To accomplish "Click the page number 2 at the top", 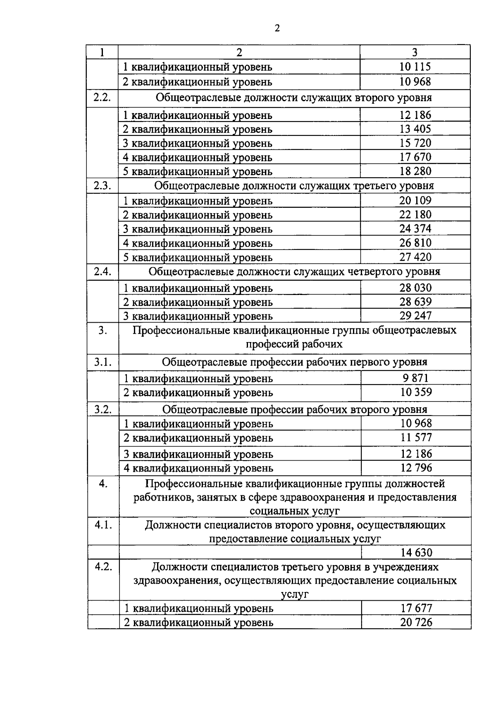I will [277, 29].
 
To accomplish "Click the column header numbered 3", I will [415, 52].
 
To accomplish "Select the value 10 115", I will [415, 67].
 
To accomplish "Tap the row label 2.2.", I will [102, 98].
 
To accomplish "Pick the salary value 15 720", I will [415, 143].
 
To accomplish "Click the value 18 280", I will [415, 171].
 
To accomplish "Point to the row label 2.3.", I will [102, 185].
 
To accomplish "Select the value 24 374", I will [415, 228].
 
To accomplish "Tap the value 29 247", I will [415, 316].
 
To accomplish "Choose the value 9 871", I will [415, 378].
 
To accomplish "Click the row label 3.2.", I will [103, 409].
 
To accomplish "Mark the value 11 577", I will [416, 437].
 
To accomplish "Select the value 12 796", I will [416, 468].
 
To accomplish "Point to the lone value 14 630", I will [416, 552].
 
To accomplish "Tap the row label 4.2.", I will [103, 567].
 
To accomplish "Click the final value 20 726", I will [416, 622].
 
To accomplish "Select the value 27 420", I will [415, 257].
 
